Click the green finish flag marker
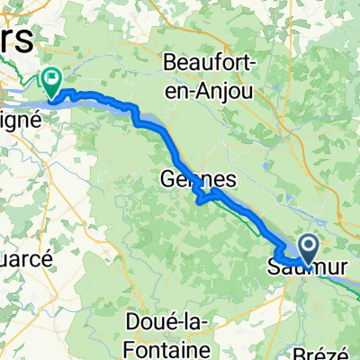click(51, 82)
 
